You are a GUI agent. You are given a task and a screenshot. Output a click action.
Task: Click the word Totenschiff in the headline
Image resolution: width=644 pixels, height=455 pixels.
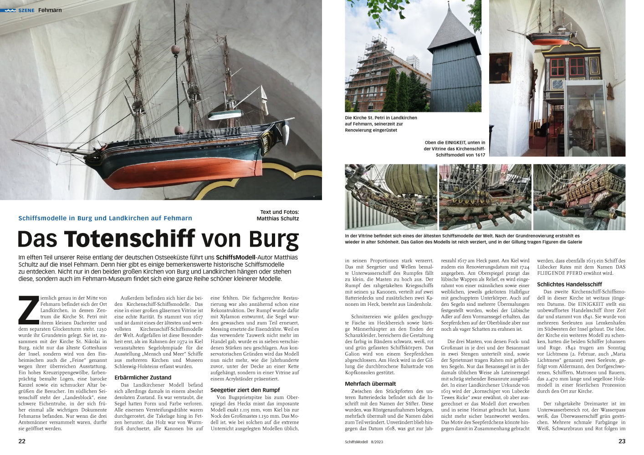pyautogui.click(x=129, y=239)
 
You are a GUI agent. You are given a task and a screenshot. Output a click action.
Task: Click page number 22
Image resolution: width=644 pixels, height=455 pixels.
pyautogui.click(x=22, y=441)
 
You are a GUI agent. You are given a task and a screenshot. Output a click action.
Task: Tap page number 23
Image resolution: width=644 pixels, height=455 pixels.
pyautogui.click(x=622, y=441)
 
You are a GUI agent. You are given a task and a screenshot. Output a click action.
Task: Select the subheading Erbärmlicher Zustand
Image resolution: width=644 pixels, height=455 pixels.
pyautogui.click(x=143, y=377)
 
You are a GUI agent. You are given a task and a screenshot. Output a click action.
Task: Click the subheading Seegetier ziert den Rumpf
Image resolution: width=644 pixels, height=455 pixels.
pyautogui.click(x=245, y=390)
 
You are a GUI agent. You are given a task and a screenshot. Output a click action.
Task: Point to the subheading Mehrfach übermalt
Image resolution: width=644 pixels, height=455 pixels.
pyautogui.click(x=370, y=384)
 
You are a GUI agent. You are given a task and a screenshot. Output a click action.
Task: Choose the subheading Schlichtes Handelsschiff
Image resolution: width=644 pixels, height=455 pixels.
pyautogui.click(x=569, y=284)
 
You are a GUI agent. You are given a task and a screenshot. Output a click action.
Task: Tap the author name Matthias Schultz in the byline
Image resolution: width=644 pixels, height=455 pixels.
pyautogui.click(x=277, y=218)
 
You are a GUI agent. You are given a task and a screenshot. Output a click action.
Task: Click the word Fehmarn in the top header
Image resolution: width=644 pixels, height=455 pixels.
pyautogui.click(x=50, y=10)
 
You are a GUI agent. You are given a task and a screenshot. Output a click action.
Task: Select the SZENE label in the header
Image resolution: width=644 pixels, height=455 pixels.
pyautogui.click(x=26, y=10)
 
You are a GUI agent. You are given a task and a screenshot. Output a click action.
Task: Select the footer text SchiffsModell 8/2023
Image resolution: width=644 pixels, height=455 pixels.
pyautogui.click(x=364, y=441)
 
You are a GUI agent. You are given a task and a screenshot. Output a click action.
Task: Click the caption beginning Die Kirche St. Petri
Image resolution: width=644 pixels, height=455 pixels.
pyautogui.click(x=381, y=124)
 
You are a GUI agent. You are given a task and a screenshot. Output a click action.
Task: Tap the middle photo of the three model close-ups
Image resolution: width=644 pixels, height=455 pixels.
pyautogui.click(x=485, y=197)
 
